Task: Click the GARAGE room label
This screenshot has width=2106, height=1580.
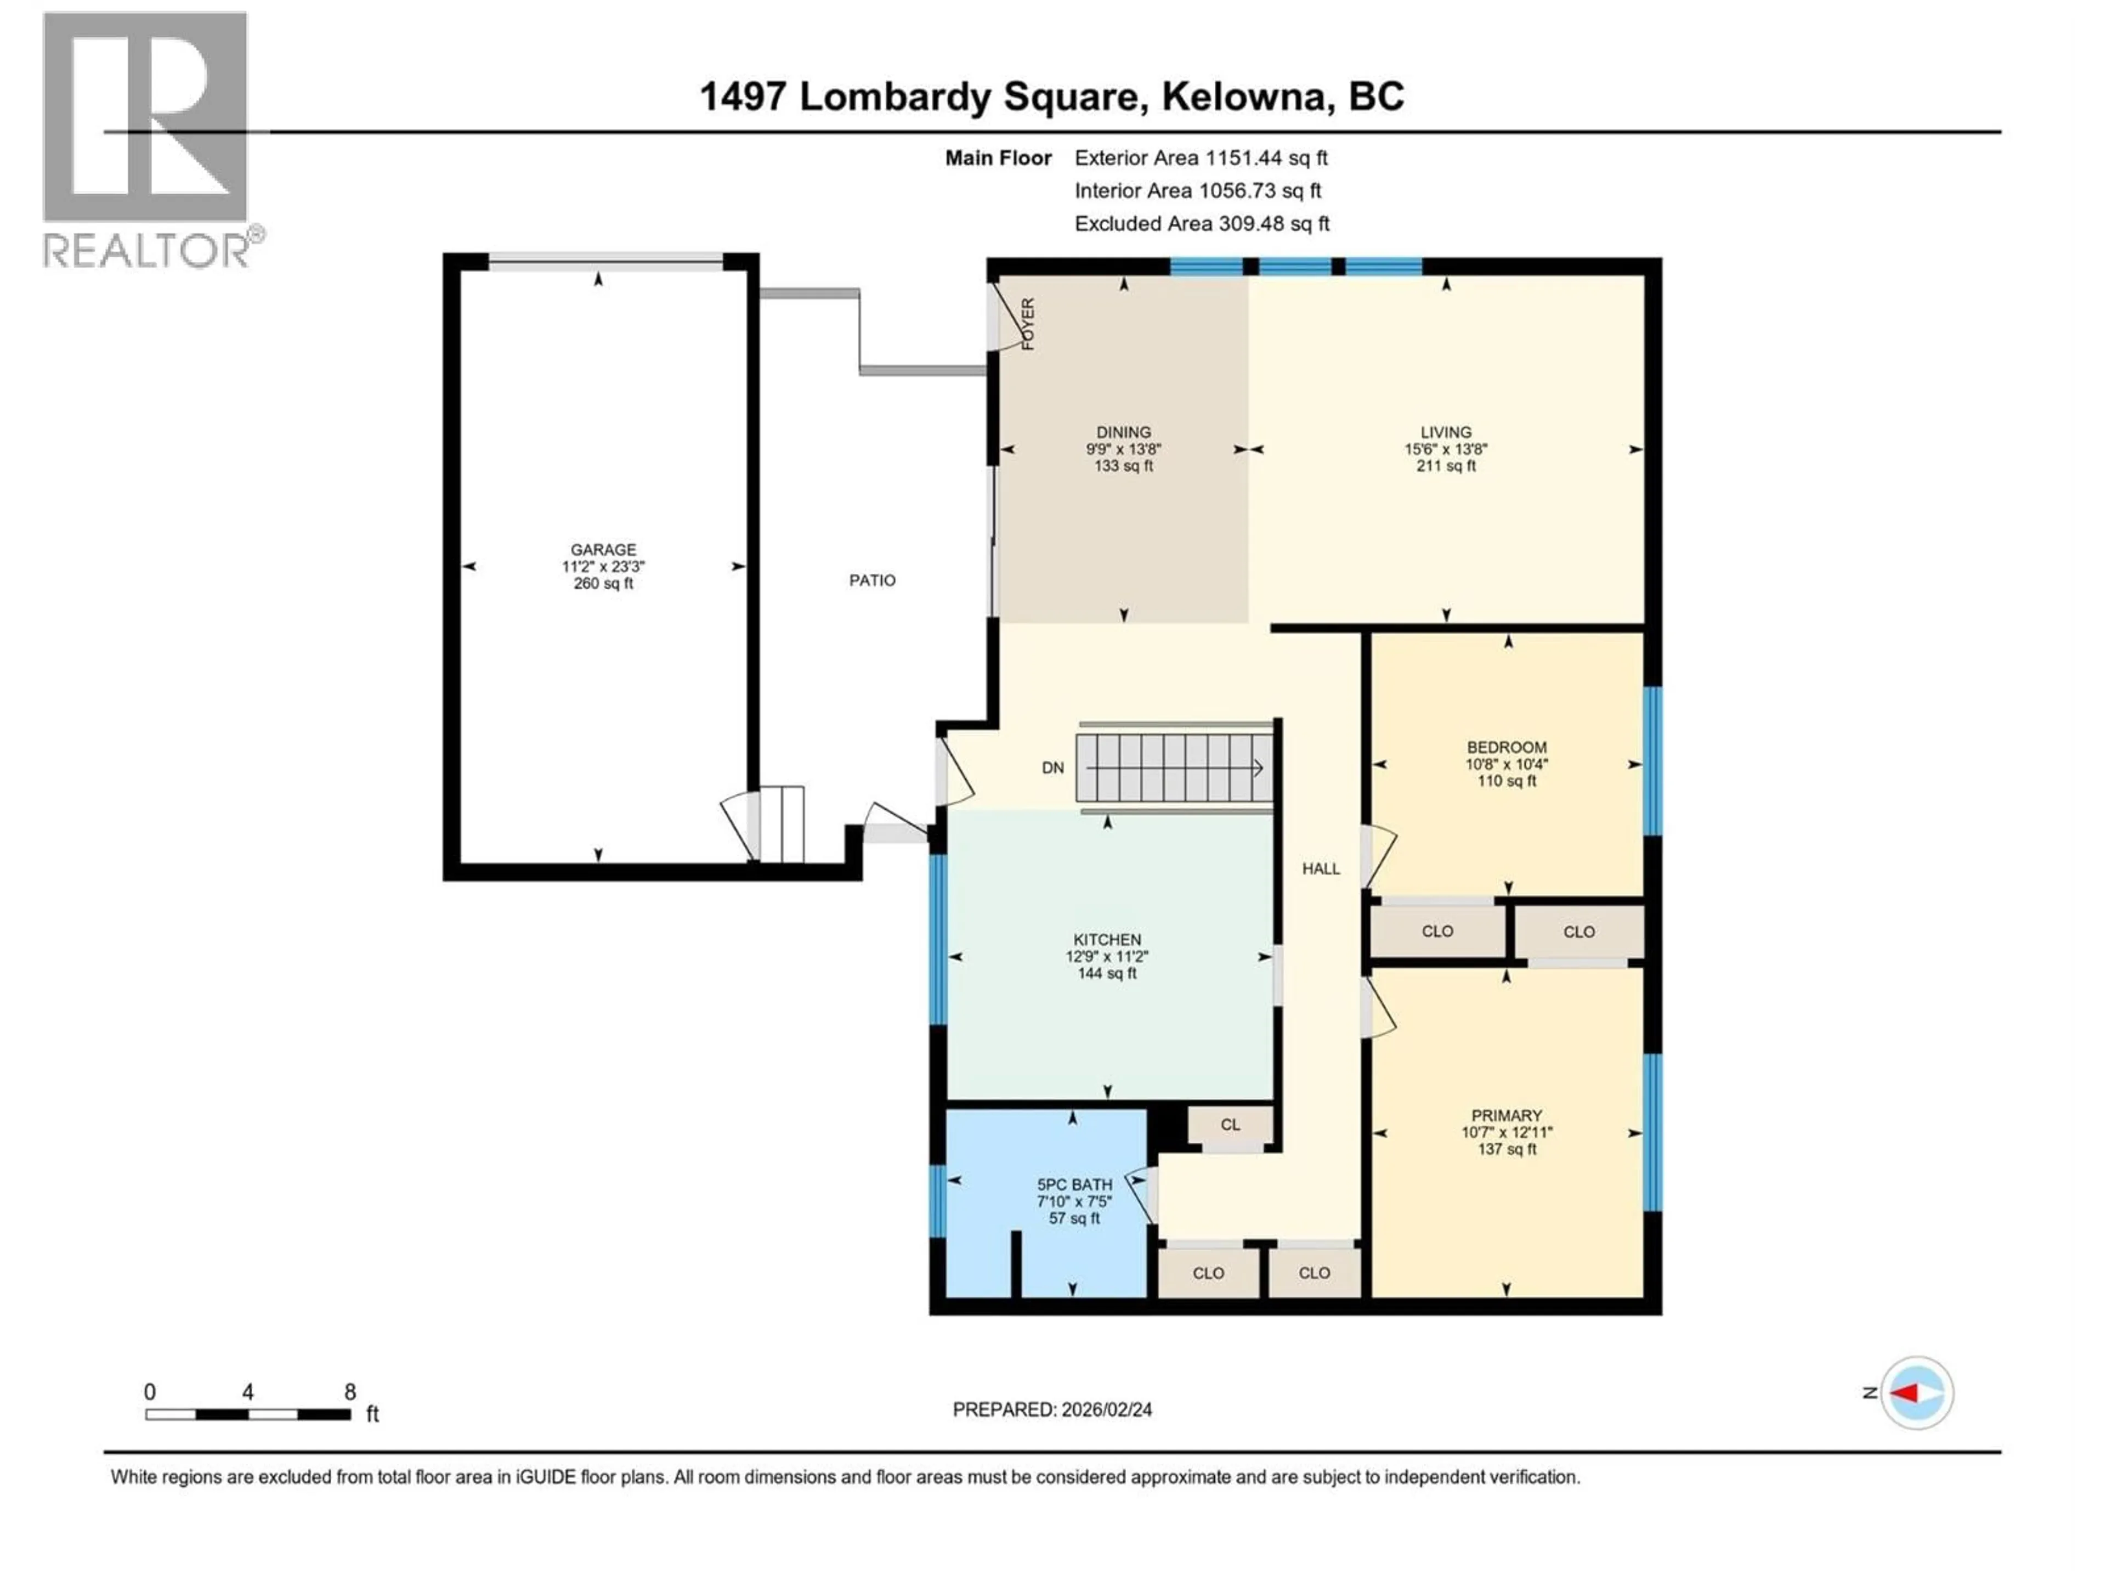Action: point(603,550)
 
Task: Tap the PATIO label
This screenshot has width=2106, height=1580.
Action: point(872,580)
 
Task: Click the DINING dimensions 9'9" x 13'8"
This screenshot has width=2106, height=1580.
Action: point(1123,449)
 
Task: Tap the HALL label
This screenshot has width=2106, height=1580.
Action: point(1321,868)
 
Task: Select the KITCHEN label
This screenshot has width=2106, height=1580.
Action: point(1107,939)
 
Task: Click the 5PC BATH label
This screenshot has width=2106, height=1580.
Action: point(1074,1185)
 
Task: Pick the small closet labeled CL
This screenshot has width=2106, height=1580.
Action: point(1230,1125)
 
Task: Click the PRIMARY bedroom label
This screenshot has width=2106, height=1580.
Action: point(1506,1115)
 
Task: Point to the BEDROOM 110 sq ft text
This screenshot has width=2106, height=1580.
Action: point(1506,781)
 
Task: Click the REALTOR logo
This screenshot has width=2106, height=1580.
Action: point(146,139)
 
